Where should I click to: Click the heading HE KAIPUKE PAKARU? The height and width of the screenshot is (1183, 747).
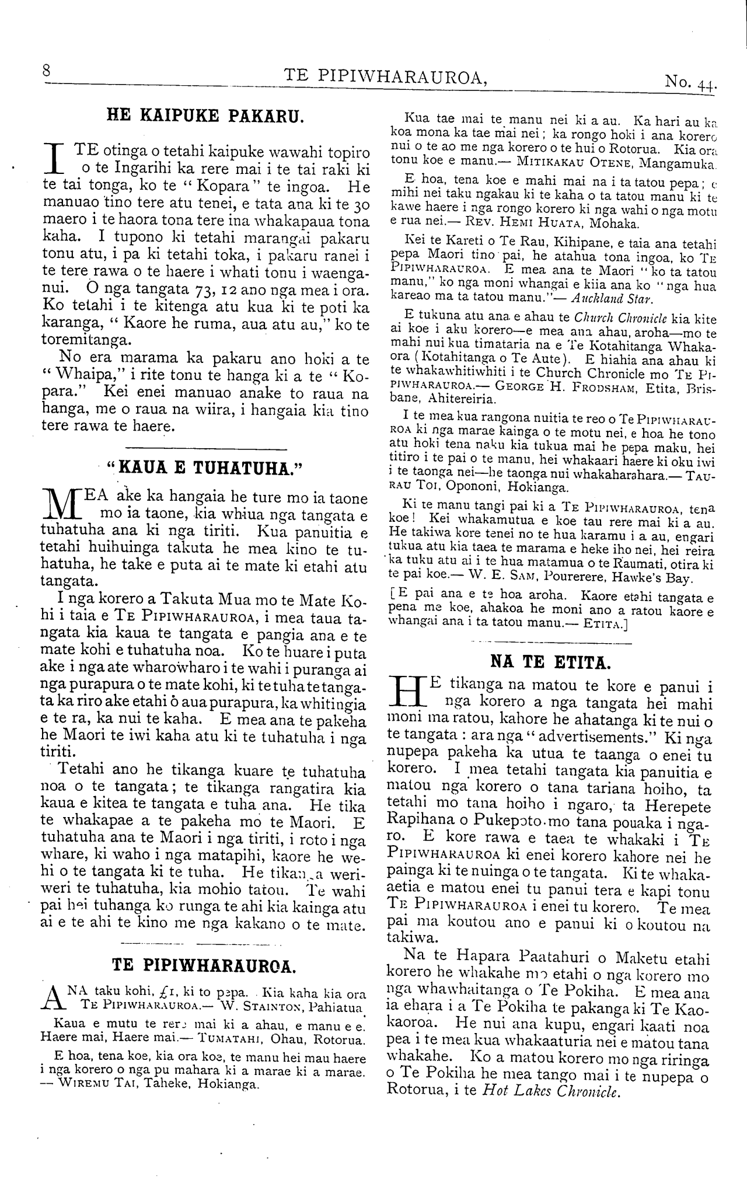[205, 114]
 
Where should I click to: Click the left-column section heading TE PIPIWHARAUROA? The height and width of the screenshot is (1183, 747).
[204, 965]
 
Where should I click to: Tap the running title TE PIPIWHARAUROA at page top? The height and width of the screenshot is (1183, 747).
[385, 75]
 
